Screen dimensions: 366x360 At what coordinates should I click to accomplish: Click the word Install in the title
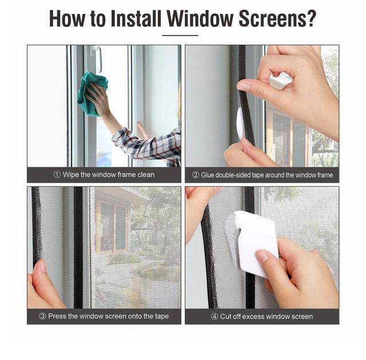tap(136, 18)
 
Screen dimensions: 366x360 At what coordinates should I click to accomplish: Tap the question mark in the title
tap(311, 18)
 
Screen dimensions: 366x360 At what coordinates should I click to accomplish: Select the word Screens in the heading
tap(271, 19)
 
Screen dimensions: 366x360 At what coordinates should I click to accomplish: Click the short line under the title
tap(180, 35)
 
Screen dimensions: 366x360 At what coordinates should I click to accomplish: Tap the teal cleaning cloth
tap(91, 93)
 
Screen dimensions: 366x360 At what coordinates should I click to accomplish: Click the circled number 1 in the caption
tap(57, 174)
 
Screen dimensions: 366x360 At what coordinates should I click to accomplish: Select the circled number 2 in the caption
tap(196, 175)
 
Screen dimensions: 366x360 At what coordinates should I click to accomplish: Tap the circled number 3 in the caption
tap(42, 316)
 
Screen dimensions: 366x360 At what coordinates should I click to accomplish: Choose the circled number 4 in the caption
tap(214, 317)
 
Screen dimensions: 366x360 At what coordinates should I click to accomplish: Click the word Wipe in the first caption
tap(71, 175)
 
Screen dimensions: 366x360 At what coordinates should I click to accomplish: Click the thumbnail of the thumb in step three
tap(43, 266)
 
